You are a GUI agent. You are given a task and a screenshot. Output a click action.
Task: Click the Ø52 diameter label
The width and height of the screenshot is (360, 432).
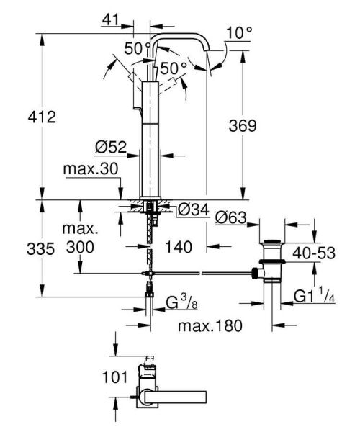tap(110, 147)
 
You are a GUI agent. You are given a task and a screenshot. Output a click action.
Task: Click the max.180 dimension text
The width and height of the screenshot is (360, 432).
tap(209, 325)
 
